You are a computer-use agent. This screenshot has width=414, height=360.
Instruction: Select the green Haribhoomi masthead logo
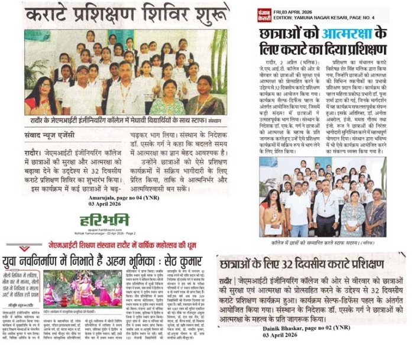click(x=105, y=221)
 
